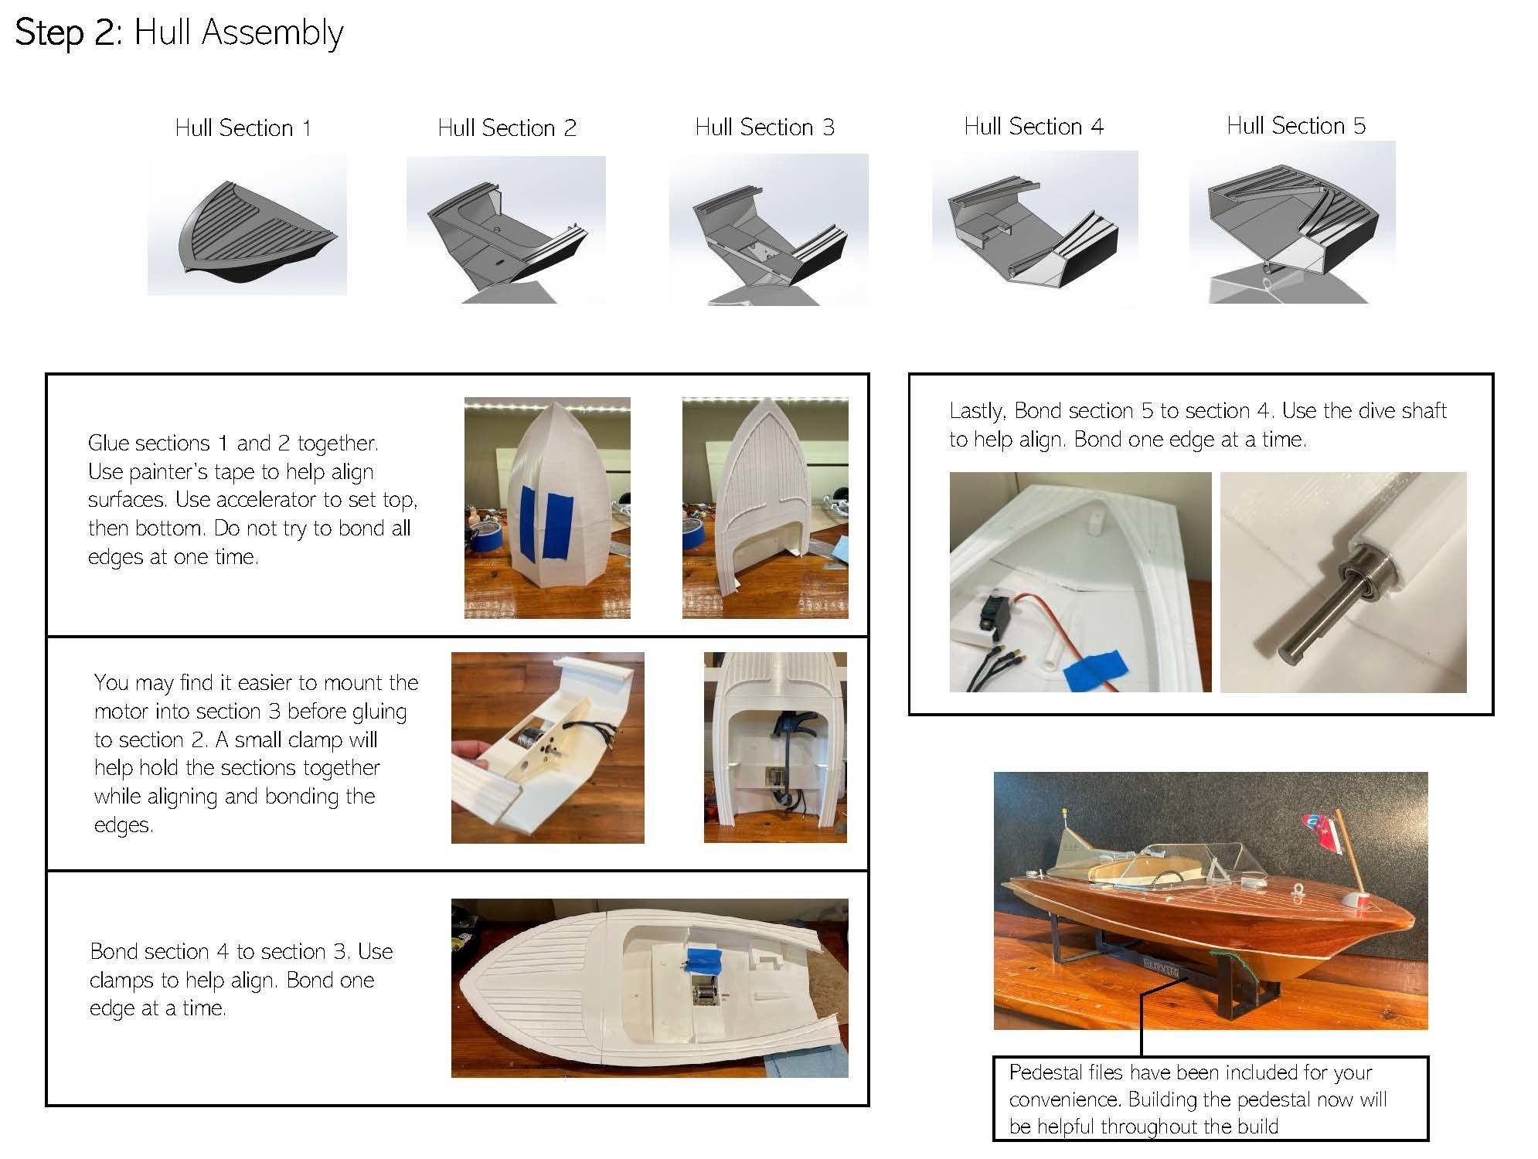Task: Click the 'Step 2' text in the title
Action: click(x=65, y=33)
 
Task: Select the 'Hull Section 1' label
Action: click(x=243, y=128)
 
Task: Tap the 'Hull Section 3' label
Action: click(x=764, y=127)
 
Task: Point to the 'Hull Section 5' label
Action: click(x=1295, y=126)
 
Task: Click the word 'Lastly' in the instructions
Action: click(x=977, y=411)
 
